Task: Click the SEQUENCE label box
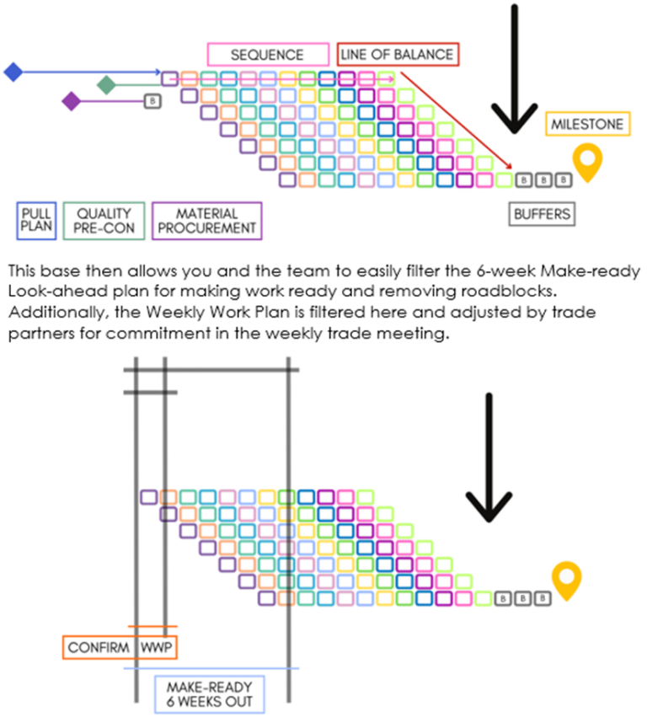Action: coord(267,55)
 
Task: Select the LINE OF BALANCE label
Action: coord(398,55)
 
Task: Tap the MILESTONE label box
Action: coord(587,124)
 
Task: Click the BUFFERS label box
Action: coord(543,214)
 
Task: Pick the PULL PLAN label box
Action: coord(36,221)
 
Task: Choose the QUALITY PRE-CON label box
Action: coord(104,221)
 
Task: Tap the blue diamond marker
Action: coord(13,72)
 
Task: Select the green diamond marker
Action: coord(106,85)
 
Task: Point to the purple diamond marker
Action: coord(72,102)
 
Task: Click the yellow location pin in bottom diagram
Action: coord(567,581)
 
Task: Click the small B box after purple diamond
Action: coord(152,101)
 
